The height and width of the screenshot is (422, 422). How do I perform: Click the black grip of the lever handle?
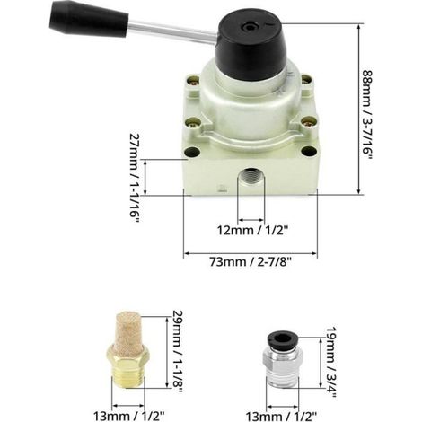click(89, 20)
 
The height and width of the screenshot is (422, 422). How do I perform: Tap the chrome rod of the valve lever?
click(172, 31)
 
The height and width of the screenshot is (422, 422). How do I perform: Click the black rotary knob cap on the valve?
click(249, 48)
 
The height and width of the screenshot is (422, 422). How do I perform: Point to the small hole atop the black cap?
click(249, 28)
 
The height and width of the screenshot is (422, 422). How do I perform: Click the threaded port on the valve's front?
click(251, 177)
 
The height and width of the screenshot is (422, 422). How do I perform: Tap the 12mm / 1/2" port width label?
click(252, 231)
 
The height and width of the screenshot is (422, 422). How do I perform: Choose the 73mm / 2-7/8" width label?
click(251, 262)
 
